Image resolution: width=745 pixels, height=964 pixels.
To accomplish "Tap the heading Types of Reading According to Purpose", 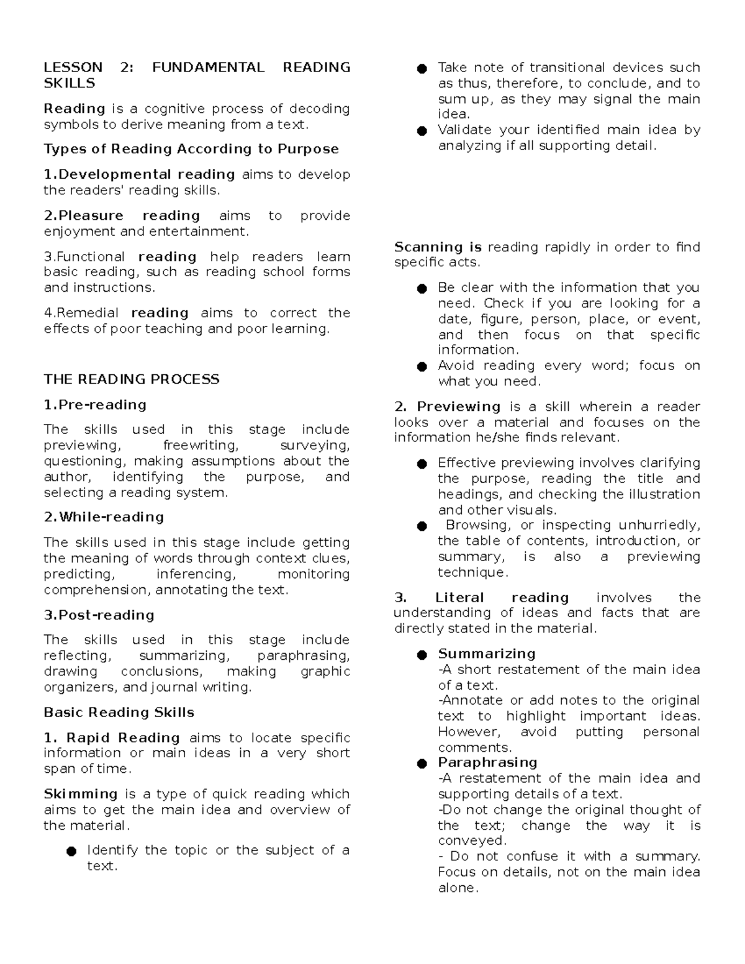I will tap(191, 149).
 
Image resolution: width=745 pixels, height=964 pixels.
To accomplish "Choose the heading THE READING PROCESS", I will tap(132, 379).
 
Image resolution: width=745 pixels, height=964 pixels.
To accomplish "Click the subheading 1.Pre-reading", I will tap(95, 405).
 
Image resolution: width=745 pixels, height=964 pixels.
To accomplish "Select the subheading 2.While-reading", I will tap(104, 517).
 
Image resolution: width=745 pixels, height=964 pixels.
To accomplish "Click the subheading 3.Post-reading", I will tap(99, 615).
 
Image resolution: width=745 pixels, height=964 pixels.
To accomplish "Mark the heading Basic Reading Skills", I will tap(119, 713).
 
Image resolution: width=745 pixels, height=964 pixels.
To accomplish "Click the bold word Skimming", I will tap(81, 795).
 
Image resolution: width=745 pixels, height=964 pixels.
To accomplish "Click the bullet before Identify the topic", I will tap(71, 851).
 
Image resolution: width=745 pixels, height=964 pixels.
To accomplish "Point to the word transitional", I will tap(568, 68).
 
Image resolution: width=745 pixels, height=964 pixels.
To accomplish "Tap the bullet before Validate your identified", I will tap(422, 131).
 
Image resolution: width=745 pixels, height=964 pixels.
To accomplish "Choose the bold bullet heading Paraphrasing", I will tap(487, 762).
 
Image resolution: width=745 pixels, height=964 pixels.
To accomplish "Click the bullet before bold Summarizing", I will tap(422, 655).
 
